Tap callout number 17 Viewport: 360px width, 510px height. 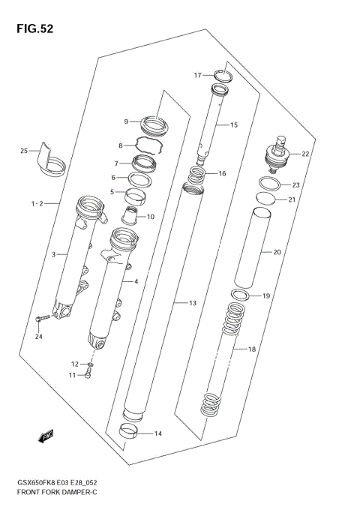click(x=198, y=75)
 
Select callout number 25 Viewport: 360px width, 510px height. click(x=24, y=151)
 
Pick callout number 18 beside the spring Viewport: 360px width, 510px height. click(x=251, y=349)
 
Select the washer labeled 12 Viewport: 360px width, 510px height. click(x=89, y=365)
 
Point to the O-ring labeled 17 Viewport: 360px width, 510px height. click(x=222, y=75)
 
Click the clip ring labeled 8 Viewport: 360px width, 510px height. click(x=150, y=144)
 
